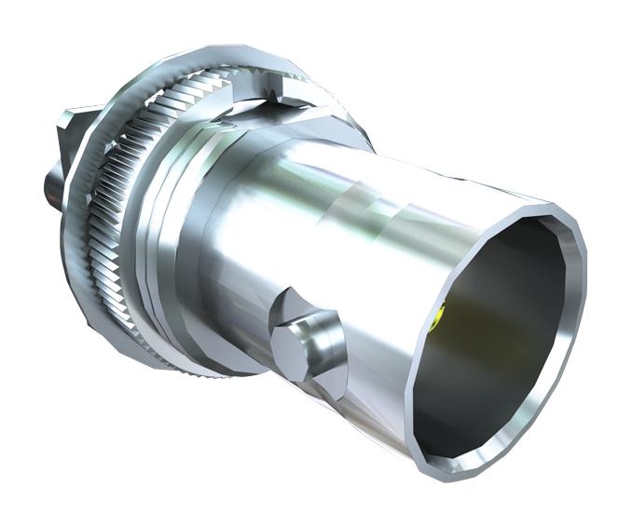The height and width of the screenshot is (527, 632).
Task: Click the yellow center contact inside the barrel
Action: (438, 319)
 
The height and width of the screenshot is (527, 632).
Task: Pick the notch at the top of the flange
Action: (277, 94)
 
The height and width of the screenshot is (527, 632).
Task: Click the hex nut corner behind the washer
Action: (70, 121)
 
